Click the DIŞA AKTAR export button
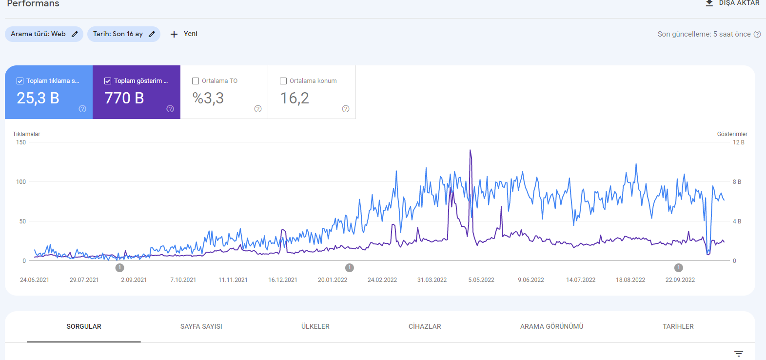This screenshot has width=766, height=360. (x=732, y=3)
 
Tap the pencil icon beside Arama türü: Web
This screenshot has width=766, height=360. (x=75, y=34)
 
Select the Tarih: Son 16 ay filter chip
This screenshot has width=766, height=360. (x=124, y=34)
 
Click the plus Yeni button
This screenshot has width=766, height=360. (x=184, y=34)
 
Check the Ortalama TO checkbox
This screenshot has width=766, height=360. (x=196, y=81)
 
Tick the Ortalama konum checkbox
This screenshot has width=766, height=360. (x=283, y=81)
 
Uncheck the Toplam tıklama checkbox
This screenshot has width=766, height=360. (x=20, y=81)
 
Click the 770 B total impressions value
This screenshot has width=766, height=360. (x=124, y=98)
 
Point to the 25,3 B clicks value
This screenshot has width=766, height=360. (x=38, y=98)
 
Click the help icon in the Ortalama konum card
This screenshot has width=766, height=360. (x=346, y=109)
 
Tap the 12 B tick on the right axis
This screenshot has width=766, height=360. (x=739, y=142)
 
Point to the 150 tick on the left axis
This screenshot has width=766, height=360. (x=21, y=142)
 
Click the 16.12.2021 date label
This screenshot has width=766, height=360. (x=283, y=280)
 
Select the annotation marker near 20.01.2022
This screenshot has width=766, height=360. (x=349, y=268)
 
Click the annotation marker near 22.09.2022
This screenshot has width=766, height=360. (x=678, y=268)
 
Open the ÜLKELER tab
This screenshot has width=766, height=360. (x=315, y=326)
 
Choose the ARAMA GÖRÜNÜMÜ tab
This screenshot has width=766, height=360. (x=551, y=326)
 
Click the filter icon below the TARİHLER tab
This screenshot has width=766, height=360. (x=739, y=354)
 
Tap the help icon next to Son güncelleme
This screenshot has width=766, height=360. (x=757, y=34)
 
